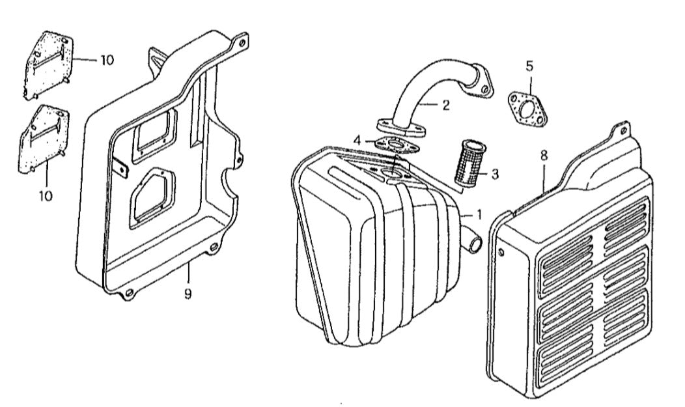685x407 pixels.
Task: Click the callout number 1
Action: (x=479, y=213)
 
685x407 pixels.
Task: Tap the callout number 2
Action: (x=445, y=105)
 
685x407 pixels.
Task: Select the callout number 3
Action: (x=495, y=174)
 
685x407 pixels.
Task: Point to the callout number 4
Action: (x=357, y=139)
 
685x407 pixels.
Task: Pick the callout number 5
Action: (x=529, y=65)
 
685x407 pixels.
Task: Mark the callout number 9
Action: (x=188, y=294)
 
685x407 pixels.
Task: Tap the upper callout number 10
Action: (x=106, y=60)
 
